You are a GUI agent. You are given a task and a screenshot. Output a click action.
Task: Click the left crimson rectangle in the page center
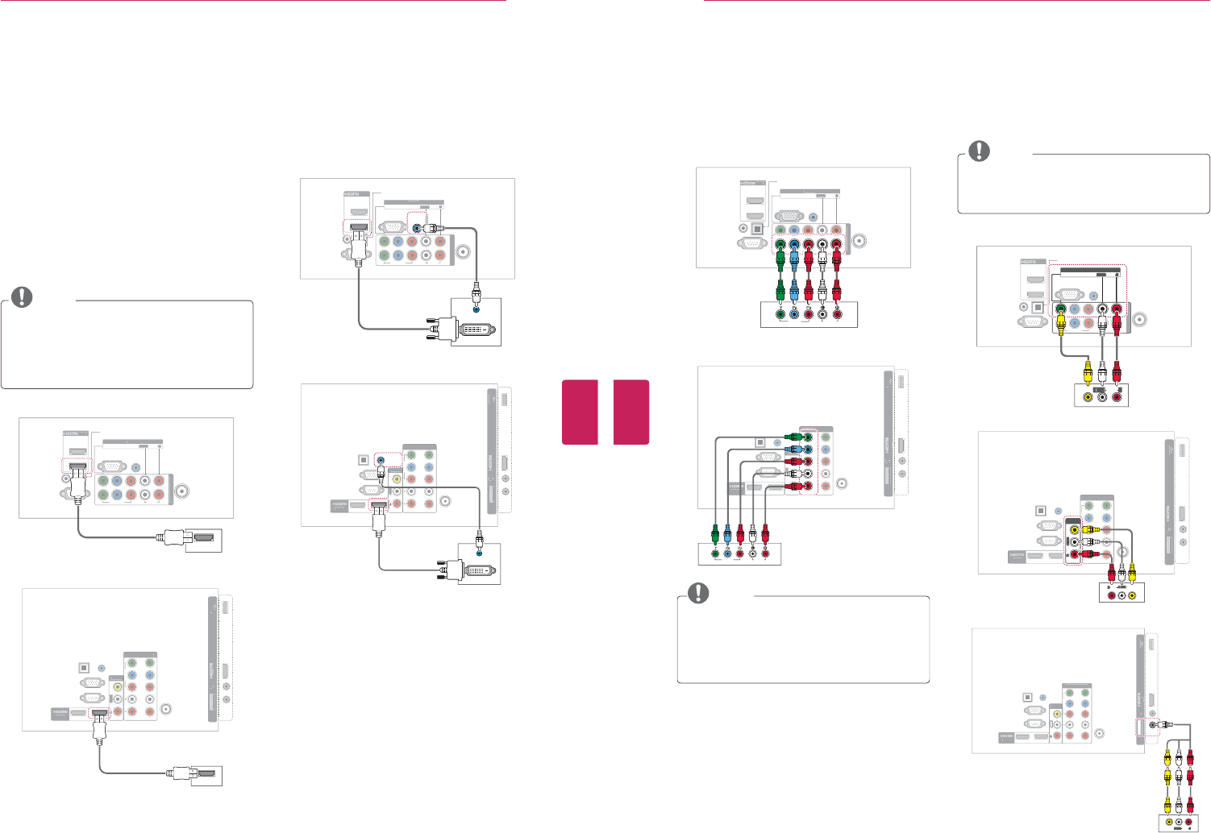[x=579, y=412]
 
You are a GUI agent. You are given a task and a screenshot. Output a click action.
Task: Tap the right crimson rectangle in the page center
[x=630, y=412]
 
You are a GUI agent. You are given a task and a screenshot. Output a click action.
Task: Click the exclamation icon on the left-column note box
[x=23, y=296]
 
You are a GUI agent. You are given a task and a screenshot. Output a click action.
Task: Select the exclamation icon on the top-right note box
[x=978, y=150]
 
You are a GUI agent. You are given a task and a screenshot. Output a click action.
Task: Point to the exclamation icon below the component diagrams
[x=697, y=592]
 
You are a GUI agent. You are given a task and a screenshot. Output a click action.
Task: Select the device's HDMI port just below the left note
[x=204, y=541]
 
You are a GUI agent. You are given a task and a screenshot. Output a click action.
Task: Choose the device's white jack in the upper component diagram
[x=822, y=316]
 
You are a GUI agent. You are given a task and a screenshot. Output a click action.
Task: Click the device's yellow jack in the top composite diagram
[x=1089, y=396]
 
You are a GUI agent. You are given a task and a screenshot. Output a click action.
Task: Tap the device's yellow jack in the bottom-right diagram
[x=1167, y=823]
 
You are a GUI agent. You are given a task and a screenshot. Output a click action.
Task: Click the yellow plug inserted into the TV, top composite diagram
[x=1062, y=323]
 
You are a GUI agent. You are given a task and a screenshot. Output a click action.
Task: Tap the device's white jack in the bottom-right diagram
[x=1180, y=823]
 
